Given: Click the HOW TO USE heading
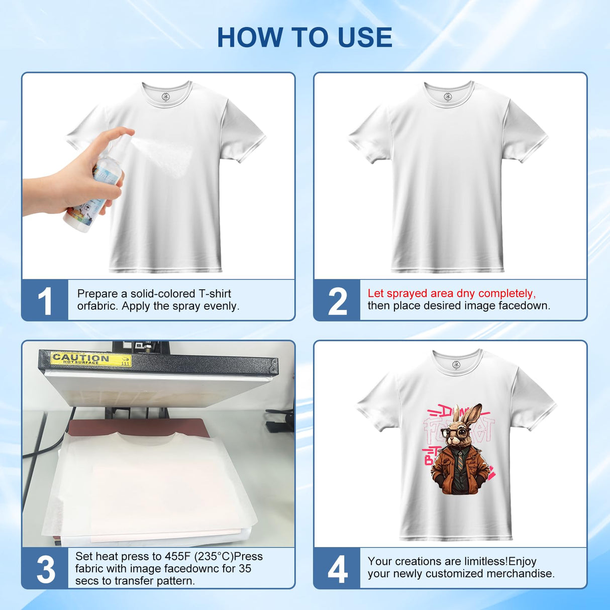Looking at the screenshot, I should coord(304,38).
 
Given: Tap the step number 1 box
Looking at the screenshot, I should coord(45,300).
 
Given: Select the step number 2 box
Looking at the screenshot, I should coord(337,300).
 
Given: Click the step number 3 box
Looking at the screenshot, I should coord(45,569).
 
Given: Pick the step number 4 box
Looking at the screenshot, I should coord(337,569).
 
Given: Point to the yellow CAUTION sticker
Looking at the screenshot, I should coord(91,359).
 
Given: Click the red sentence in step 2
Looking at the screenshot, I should coord(451,293).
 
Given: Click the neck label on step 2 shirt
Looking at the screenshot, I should coord(448,96).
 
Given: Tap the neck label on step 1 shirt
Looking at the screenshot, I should coord(166,96).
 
